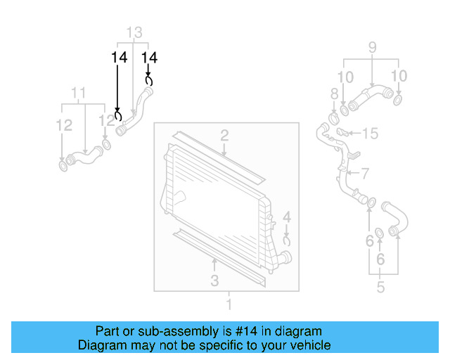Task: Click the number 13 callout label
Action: click(x=134, y=32)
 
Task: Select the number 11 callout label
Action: click(x=79, y=93)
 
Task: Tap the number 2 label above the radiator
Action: click(x=224, y=135)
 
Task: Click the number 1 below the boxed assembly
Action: click(x=227, y=304)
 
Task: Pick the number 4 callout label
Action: click(x=286, y=217)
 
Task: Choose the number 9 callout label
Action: click(x=372, y=49)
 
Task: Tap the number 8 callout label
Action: click(x=334, y=94)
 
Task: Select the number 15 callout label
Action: click(x=370, y=133)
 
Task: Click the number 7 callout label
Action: click(x=364, y=173)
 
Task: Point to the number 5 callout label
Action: click(x=380, y=287)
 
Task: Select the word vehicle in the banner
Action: click(x=311, y=345)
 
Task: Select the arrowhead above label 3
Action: click(x=215, y=262)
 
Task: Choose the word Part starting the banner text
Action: click(x=109, y=331)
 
